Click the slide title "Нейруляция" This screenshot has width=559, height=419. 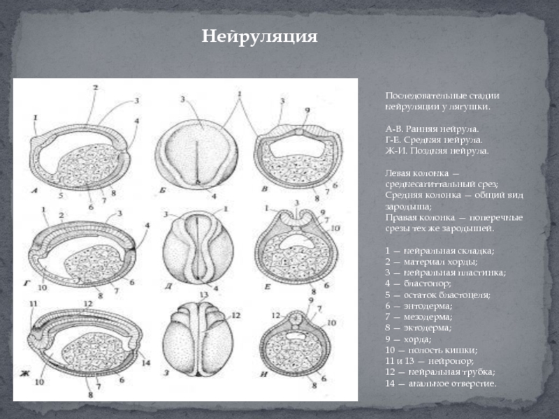pyautogui.click(x=260, y=36)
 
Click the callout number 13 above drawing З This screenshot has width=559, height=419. pyautogui.click(x=204, y=296)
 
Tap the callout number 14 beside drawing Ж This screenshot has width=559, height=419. pyautogui.click(x=145, y=362)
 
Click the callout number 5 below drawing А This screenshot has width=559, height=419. pyautogui.click(x=61, y=196)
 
